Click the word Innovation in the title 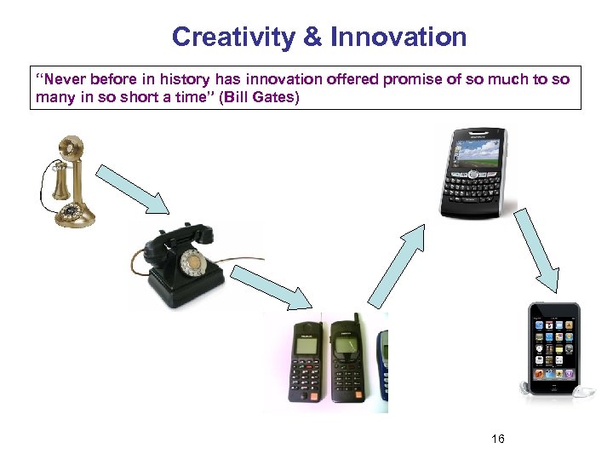(398, 37)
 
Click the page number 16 (498, 439)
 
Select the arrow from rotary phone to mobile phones (272, 285)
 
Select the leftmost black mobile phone (306, 362)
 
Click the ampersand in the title (312, 37)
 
